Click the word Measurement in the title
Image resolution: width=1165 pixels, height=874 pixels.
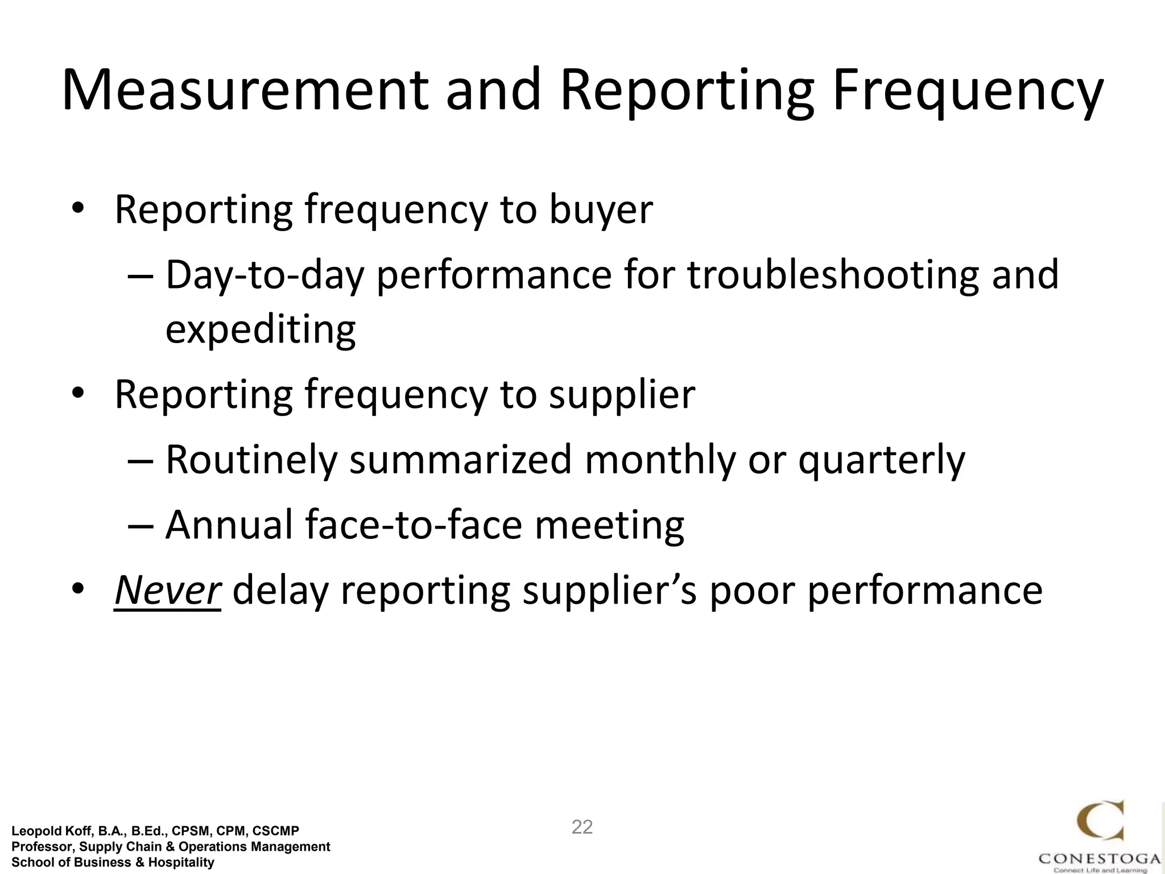[x=245, y=91]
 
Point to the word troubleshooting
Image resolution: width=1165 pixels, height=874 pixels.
[x=833, y=275]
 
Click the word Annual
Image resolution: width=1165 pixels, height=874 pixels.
[x=229, y=525]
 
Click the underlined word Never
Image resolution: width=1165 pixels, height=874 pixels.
[x=167, y=591]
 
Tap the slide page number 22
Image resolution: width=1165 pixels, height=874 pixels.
[x=582, y=827]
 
